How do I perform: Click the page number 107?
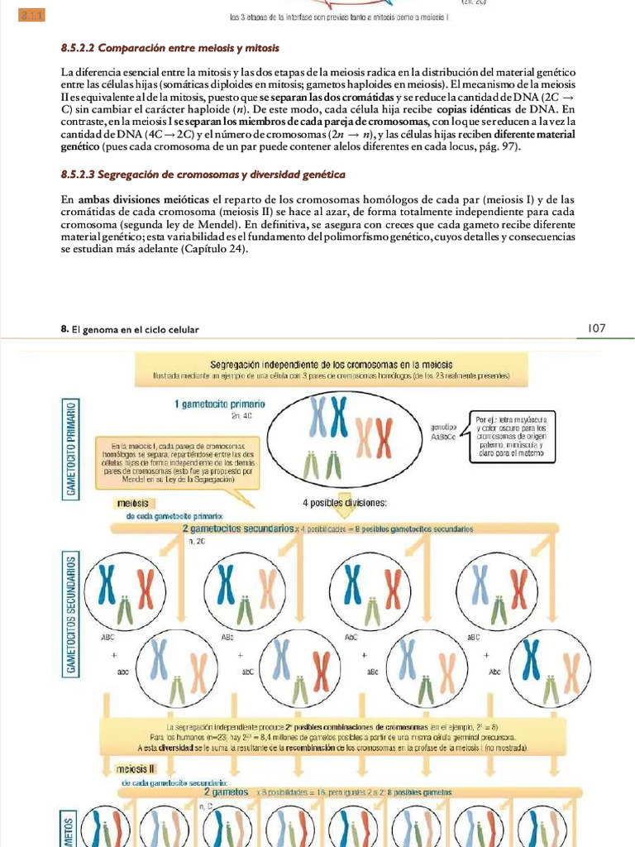click(x=596, y=328)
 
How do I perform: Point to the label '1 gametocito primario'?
click(x=219, y=404)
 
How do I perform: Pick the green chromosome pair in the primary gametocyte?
click(x=323, y=467)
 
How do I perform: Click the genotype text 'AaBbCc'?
click(x=442, y=436)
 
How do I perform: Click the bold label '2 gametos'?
click(x=226, y=792)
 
